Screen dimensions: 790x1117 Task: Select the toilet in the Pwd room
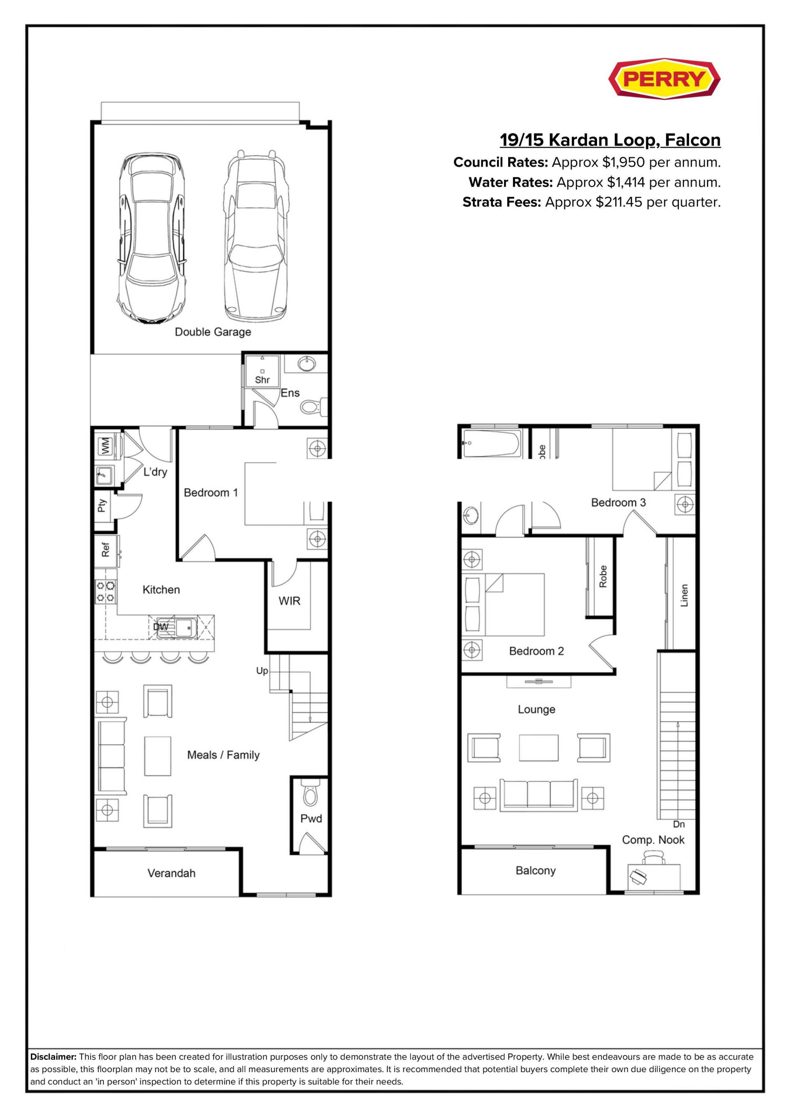309,794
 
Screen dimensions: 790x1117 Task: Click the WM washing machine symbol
105,446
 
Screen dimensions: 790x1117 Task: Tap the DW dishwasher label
160,627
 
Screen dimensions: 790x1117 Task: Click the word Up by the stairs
262,671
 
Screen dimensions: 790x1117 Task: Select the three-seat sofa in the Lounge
539,794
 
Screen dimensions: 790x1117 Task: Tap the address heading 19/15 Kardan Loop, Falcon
611,140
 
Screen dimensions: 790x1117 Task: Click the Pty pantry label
102,506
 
